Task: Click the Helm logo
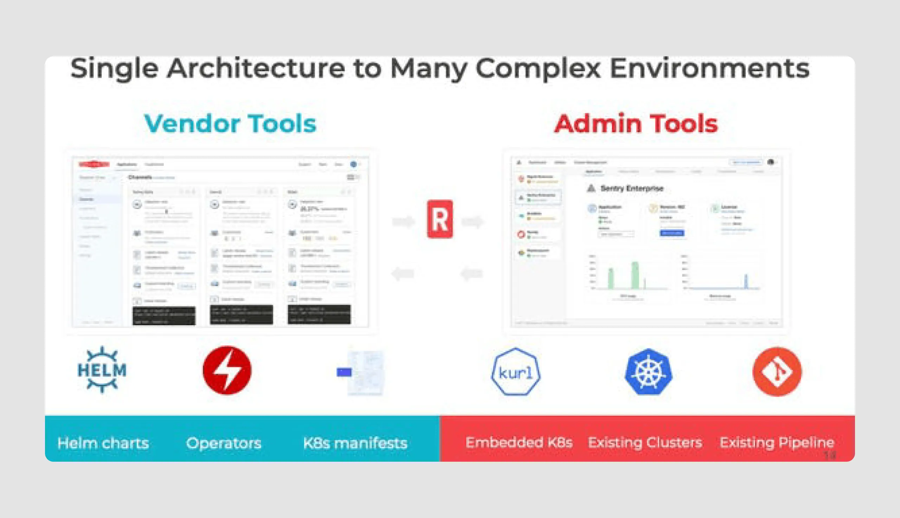[x=102, y=370]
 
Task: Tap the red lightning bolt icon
[x=227, y=370]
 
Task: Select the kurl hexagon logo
[x=515, y=372]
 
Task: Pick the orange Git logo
[x=777, y=371]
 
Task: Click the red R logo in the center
[x=440, y=219]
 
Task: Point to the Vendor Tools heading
[x=230, y=124]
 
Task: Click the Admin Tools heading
[x=636, y=124]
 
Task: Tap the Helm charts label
[x=103, y=443]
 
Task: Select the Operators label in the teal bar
[x=224, y=443]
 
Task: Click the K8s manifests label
[x=355, y=443]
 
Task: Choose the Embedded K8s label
[x=519, y=442]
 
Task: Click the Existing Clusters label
[x=645, y=442]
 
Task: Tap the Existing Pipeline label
[x=777, y=442]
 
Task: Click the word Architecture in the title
[x=256, y=68]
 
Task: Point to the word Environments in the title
[x=709, y=68]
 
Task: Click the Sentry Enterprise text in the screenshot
[x=632, y=188]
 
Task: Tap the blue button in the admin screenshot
[x=672, y=233]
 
